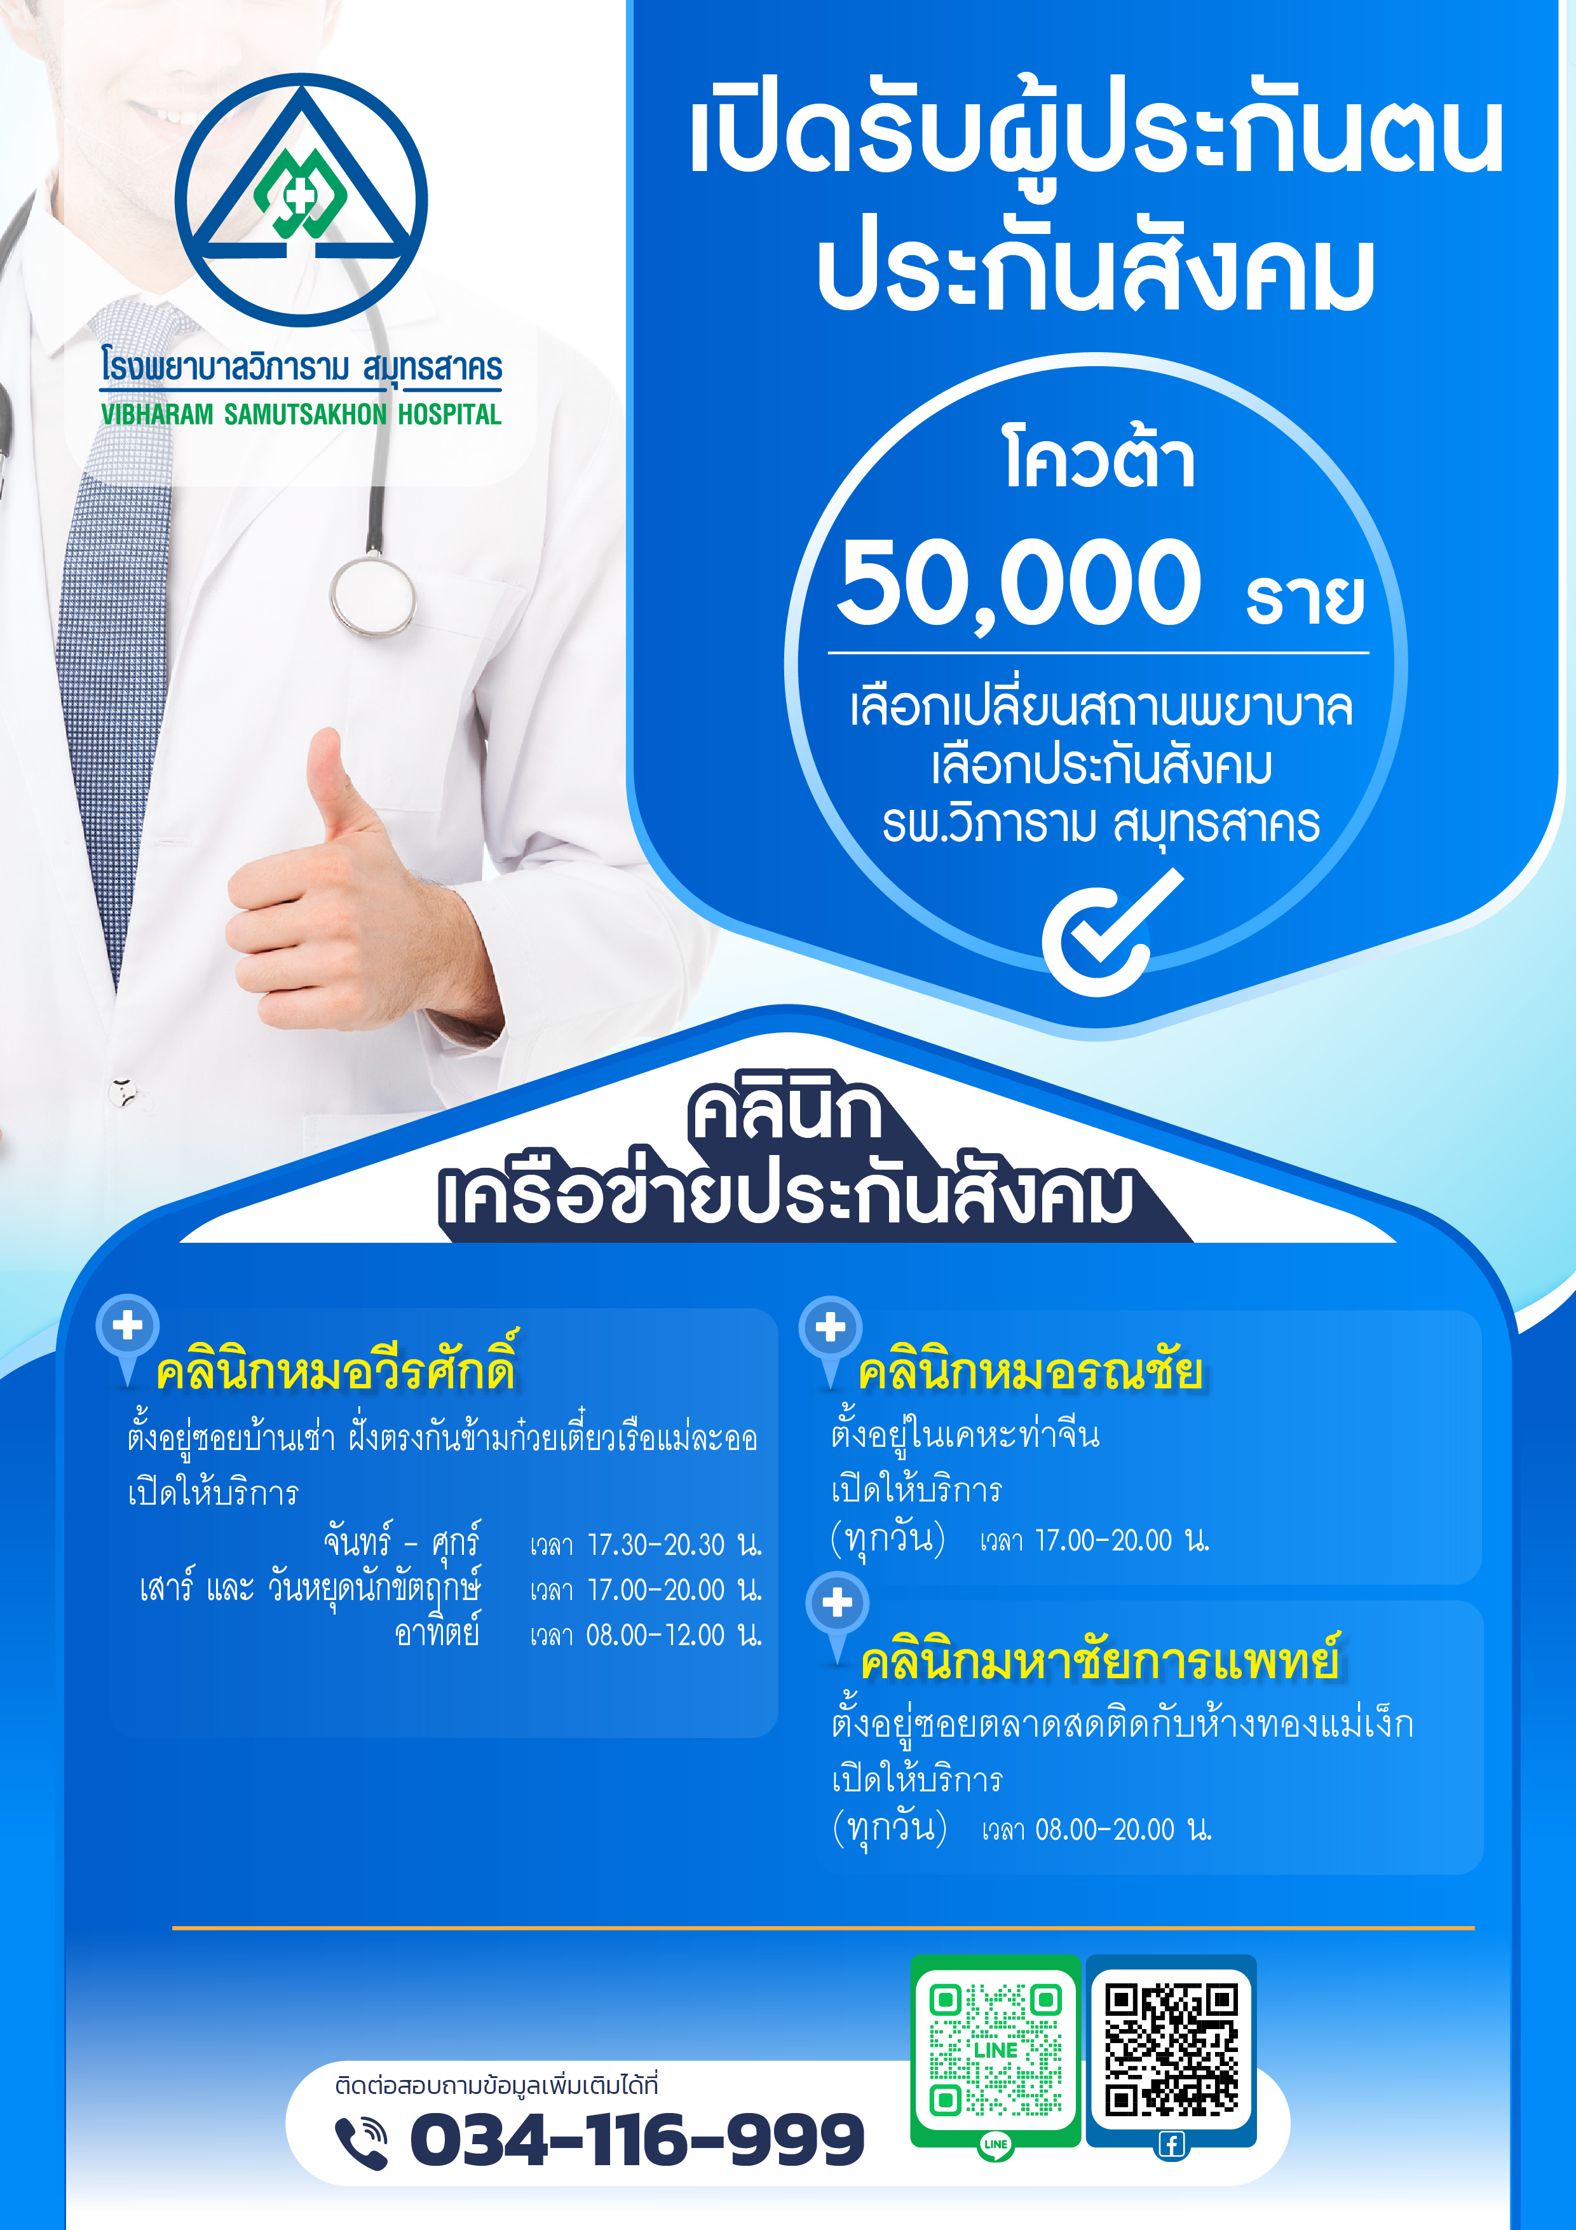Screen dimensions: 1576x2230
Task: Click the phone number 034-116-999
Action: point(637,2140)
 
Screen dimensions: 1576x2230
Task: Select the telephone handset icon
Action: point(361,2142)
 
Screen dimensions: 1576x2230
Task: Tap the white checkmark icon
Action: point(1113,933)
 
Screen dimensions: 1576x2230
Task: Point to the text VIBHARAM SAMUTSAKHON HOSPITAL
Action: point(301,414)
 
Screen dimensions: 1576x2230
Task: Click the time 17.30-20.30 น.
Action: point(675,1544)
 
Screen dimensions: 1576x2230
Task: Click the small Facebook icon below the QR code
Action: point(1171,2145)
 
